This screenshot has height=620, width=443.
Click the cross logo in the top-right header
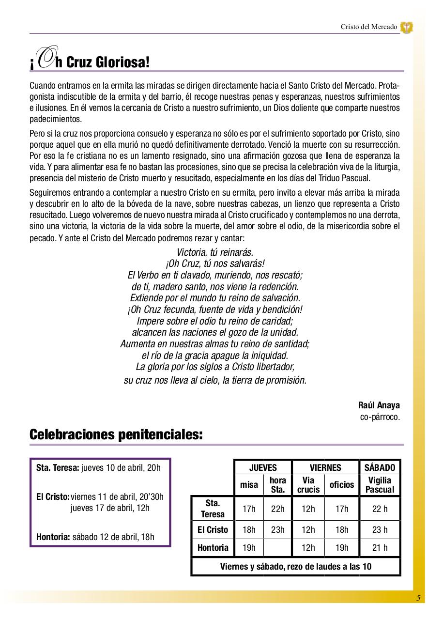pyautogui.click(x=406, y=27)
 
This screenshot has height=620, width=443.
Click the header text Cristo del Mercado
pyautogui.click(x=368, y=27)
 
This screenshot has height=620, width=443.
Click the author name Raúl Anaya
pyautogui.click(x=379, y=405)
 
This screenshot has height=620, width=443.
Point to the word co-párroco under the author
pyautogui.click(x=380, y=417)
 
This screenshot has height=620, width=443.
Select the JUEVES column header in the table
pyautogui.click(x=263, y=467)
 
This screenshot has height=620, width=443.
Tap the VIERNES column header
pyautogui.click(x=325, y=467)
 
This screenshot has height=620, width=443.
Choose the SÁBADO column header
pyautogui.click(x=380, y=467)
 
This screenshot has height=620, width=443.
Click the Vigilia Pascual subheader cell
pyautogui.click(x=380, y=485)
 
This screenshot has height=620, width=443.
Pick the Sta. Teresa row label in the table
pyautogui.click(x=213, y=509)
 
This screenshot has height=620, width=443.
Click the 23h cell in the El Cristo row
pyautogui.click(x=278, y=529)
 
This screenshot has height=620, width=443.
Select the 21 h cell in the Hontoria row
pyautogui.click(x=380, y=548)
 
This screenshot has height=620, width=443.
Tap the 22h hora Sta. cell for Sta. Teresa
pyautogui.click(x=278, y=509)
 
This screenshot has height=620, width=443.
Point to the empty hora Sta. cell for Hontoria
pyautogui.click(x=278, y=548)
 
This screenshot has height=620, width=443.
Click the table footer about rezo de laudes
pyautogui.click(x=296, y=566)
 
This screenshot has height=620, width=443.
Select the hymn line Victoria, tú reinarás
pyautogui.click(x=215, y=252)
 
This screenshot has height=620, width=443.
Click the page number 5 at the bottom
pyautogui.click(x=418, y=598)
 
